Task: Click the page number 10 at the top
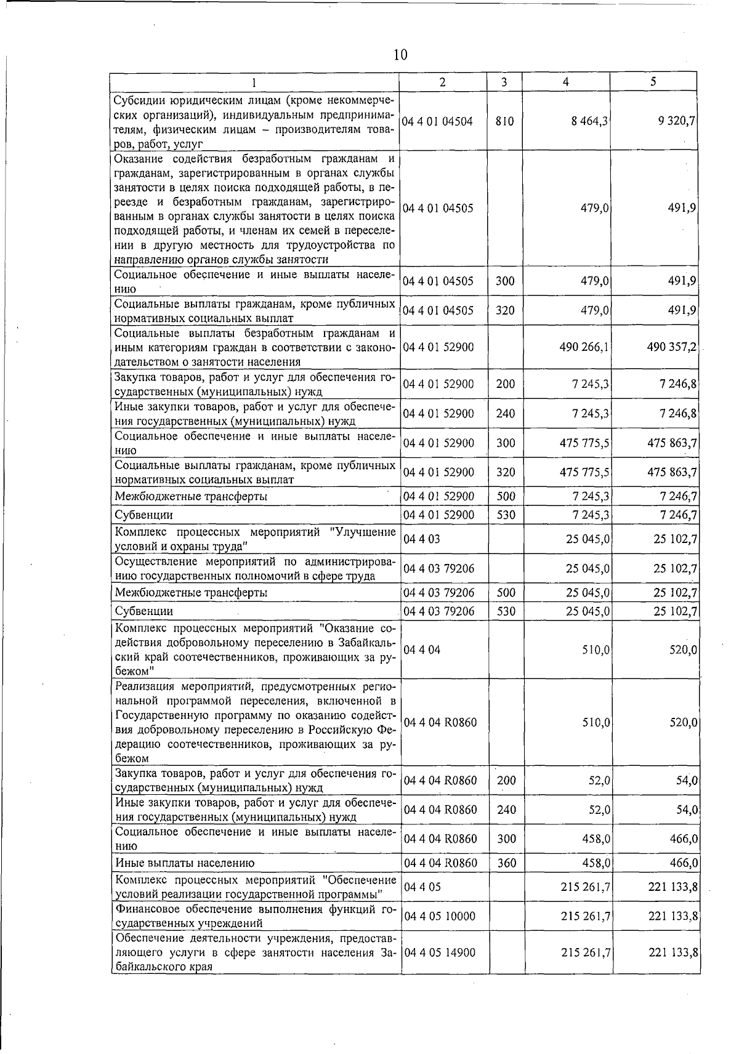400,55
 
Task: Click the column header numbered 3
504,82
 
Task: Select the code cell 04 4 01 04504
438,122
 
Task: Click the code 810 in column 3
504,122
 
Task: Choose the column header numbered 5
653,82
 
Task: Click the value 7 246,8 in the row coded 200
677,385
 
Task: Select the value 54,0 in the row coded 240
686,810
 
